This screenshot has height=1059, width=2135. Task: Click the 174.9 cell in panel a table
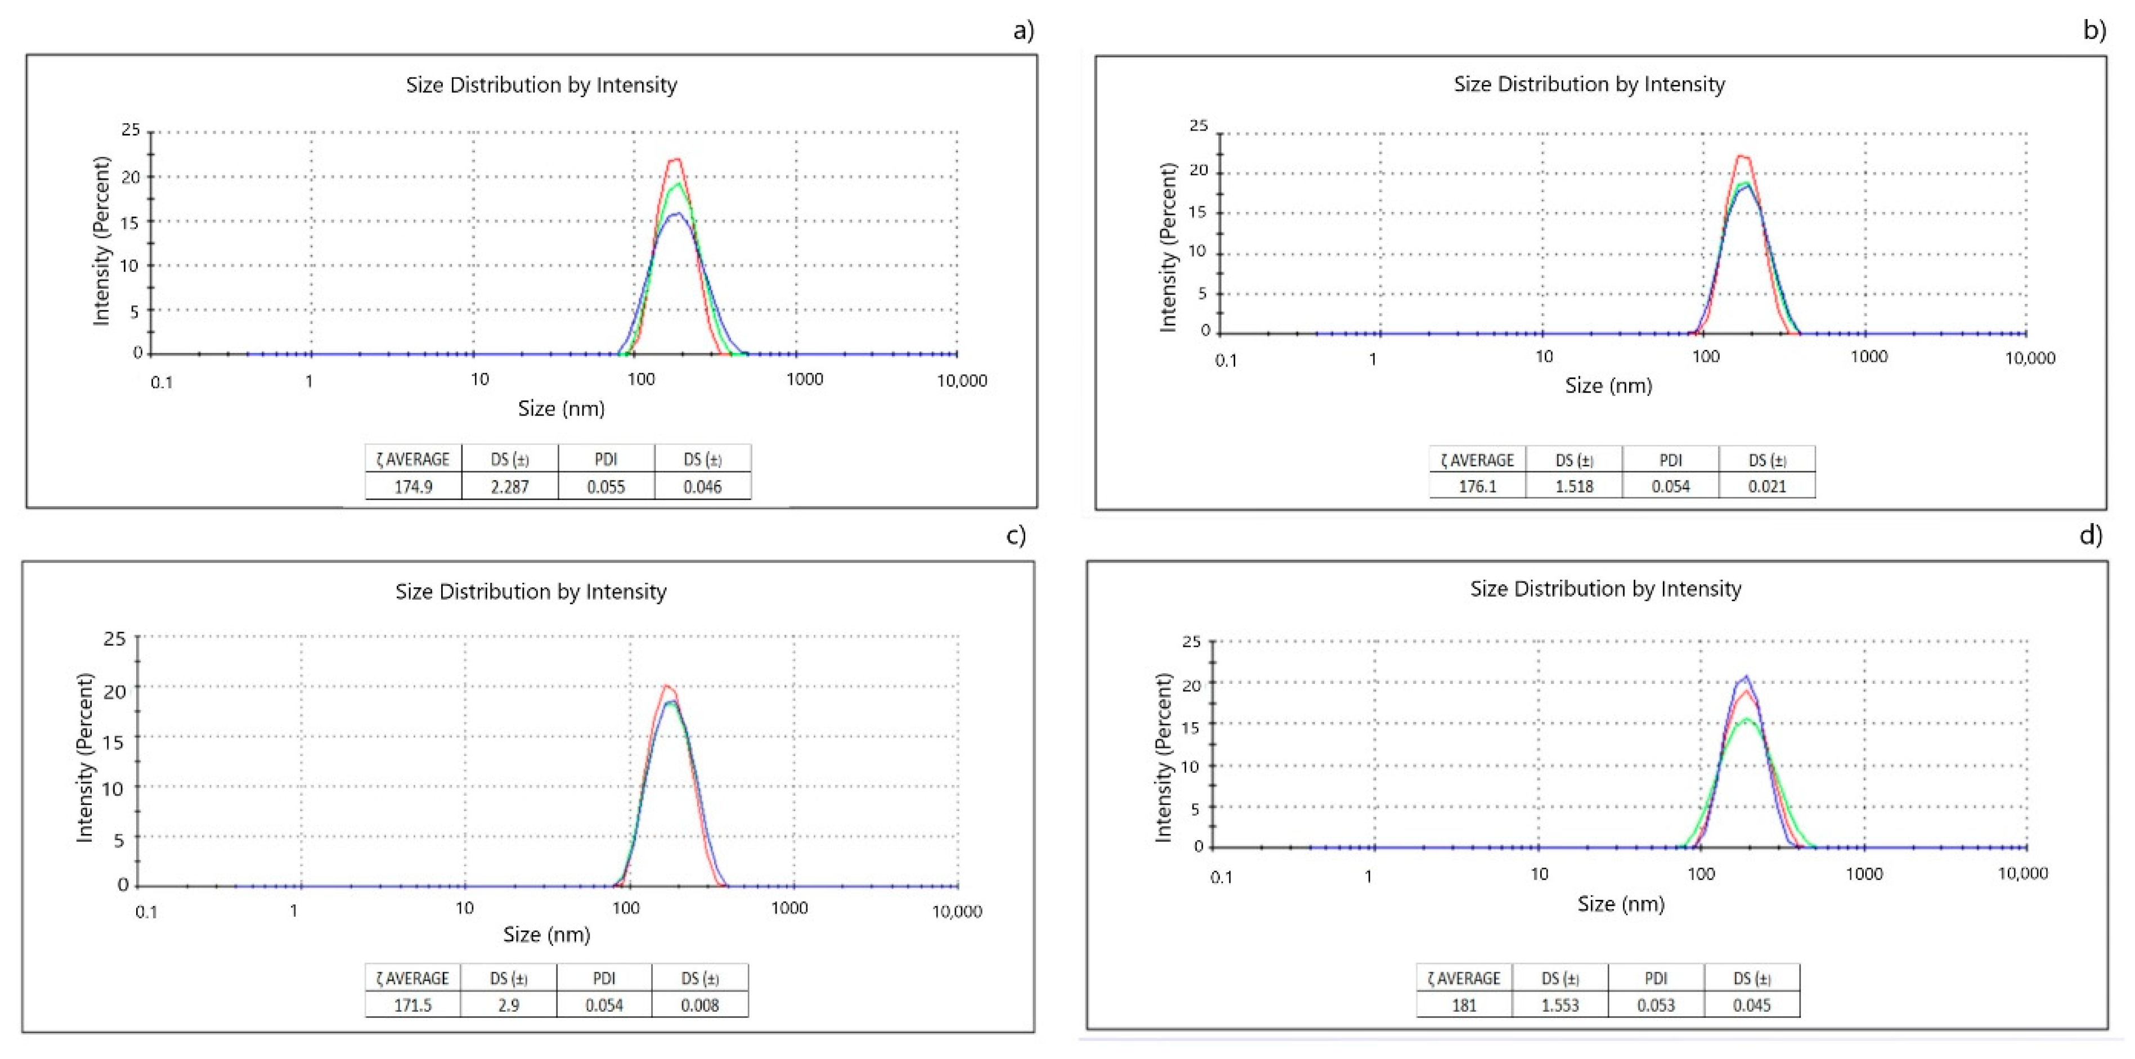pos(412,486)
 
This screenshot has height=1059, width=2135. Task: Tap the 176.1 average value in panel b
pos(1477,485)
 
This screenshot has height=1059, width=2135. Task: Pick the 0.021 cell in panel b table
pos(1766,485)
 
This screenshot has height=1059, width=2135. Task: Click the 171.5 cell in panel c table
pos(412,1005)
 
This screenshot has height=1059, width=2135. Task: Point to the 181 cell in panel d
pos(1464,1005)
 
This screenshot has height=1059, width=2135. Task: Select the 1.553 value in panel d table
pos(1560,1005)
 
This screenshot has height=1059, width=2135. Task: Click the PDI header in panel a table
pos(606,459)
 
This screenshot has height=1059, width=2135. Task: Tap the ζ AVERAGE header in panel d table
pos(1464,978)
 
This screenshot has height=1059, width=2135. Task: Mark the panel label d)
pos(2090,535)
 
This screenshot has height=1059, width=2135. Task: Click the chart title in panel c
pos(531,592)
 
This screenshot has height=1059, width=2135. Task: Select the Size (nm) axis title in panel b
pos(1608,385)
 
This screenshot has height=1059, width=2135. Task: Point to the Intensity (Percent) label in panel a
pos(101,240)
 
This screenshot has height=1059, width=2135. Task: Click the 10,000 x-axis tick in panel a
pos(961,380)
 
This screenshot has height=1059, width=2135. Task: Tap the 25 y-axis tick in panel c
pos(114,639)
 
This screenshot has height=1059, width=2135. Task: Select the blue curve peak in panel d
pos(1746,677)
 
